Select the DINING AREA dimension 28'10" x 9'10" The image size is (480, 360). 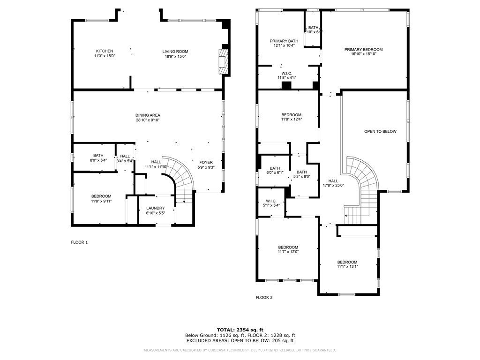[x=148, y=120]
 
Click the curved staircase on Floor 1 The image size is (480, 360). [x=180, y=176]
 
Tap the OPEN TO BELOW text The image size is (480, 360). [x=380, y=131]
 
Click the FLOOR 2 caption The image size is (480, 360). [x=264, y=297]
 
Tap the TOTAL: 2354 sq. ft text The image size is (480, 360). [x=240, y=330]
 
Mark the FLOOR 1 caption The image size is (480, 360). [x=79, y=242]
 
